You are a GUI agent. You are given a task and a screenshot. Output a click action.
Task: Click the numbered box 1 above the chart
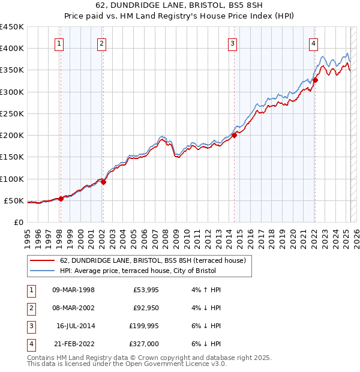(60, 43)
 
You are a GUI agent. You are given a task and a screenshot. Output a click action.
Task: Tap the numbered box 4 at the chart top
(314, 43)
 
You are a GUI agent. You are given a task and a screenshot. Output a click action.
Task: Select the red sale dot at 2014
(234, 135)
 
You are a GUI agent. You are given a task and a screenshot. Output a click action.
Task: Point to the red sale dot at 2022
(315, 80)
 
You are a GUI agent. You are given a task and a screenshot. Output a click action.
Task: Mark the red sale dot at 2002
(103, 182)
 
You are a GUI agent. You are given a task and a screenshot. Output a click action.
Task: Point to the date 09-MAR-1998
(73, 290)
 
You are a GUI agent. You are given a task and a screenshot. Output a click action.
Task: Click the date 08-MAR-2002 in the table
(73, 308)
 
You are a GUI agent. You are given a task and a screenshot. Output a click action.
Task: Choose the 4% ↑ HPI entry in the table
(205, 290)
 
